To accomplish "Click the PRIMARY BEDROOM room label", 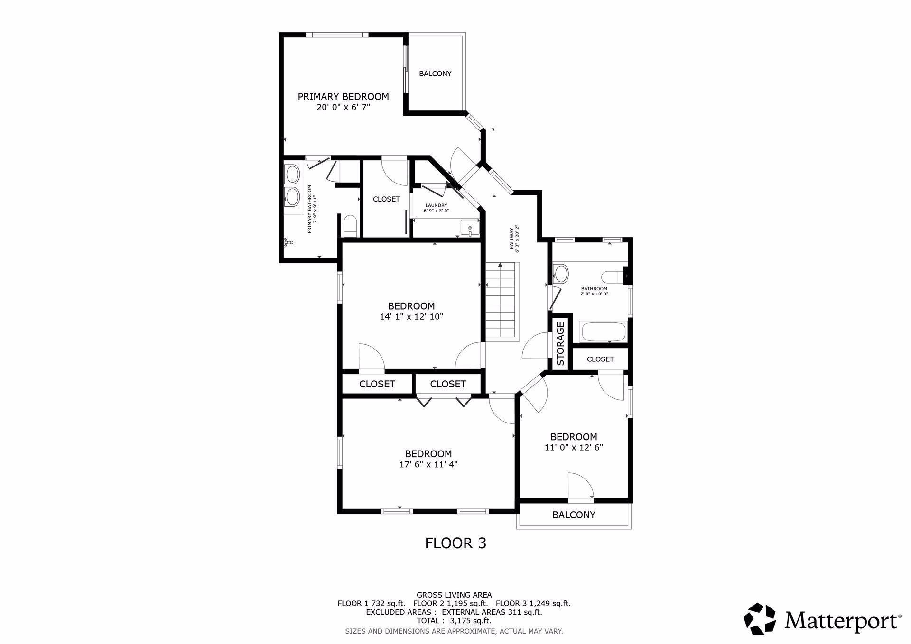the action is pyautogui.click(x=343, y=97).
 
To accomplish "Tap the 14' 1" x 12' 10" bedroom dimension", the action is pyautogui.click(x=411, y=316).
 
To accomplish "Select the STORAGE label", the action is pyautogui.click(x=560, y=344).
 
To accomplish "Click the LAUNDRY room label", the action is pyautogui.click(x=436, y=205).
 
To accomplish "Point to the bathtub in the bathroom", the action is pyautogui.click(x=603, y=331).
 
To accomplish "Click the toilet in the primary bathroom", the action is pyautogui.click(x=350, y=226).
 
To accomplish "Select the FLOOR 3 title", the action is pyautogui.click(x=455, y=543).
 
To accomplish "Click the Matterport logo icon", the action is pyautogui.click(x=760, y=618).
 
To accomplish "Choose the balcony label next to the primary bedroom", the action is pyautogui.click(x=435, y=74).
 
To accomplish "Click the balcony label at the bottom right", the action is pyautogui.click(x=574, y=515).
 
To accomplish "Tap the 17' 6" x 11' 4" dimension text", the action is pyautogui.click(x=428, y=464).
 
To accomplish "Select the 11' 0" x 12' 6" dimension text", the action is pyautogui.click(x=574, y=447).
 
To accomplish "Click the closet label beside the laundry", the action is pyautogui.click(x=386, y=199).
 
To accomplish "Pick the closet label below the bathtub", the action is pyautogui.click(x=600, y=359).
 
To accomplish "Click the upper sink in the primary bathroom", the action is pyautogui.click(x=292, y=174).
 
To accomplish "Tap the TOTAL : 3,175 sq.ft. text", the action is pyautogui.click(x=454, y=620).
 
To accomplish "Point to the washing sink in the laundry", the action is pyautogui.click(x=469, y=228).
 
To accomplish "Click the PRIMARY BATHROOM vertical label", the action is pyautogui.click(x=311, y=209).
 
